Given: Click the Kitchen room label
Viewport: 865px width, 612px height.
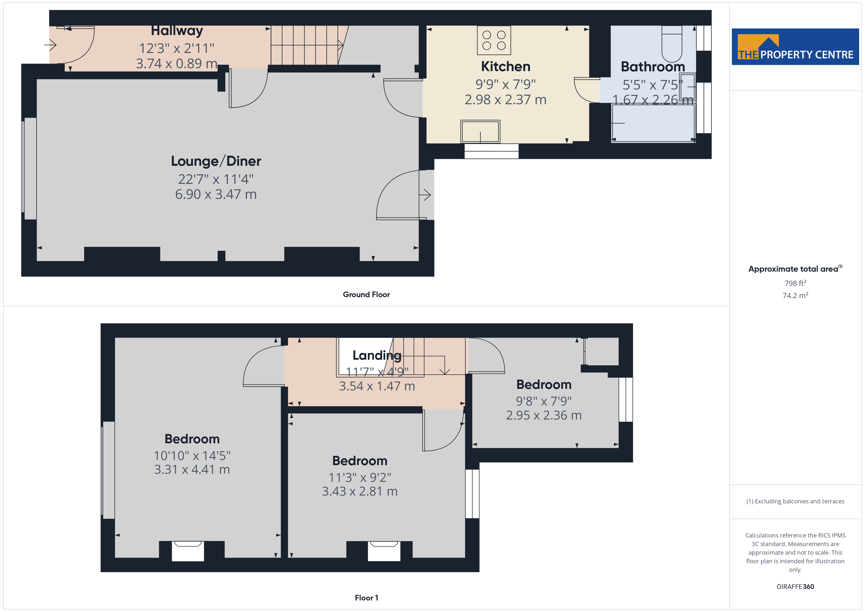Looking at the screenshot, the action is coord(506,67).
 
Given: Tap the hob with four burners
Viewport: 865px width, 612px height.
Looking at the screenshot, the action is coord(494,40).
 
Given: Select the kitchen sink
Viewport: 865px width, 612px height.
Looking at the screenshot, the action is coord(480,131).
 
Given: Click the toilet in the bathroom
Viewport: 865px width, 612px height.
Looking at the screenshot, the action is coord(672,44).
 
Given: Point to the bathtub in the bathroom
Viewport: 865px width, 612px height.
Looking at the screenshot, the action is coord(653,123).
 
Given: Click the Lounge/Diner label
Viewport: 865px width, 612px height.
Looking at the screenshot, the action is coord(216,161).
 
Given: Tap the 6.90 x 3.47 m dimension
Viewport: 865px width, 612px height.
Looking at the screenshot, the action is coord(216,194).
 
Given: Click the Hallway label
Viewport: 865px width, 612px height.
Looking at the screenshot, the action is coord(177,30).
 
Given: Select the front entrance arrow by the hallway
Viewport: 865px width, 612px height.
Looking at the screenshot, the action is coord(51,45).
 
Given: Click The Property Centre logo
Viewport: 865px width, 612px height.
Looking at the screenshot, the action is coord(795,47).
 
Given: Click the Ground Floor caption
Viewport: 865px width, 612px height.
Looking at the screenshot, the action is coord(366,295).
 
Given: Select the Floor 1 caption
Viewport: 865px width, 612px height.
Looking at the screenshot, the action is coord(366,598).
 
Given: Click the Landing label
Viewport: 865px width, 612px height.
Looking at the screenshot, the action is coord(377,355).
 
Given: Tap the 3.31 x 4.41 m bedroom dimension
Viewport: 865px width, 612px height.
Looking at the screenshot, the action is coord(192,470).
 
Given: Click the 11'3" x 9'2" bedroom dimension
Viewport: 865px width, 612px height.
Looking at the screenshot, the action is coord(360,477).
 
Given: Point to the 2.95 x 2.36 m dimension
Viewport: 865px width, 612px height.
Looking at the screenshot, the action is coord(544,415).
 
